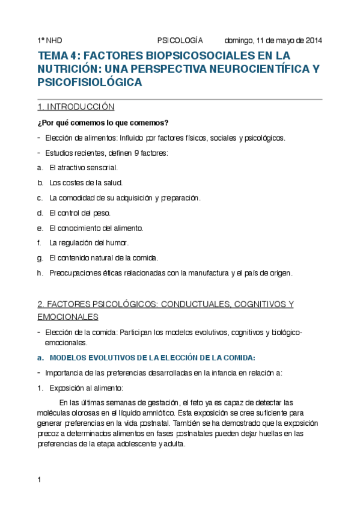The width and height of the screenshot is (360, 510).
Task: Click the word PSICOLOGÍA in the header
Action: pyautogui.click(x=180, y=41)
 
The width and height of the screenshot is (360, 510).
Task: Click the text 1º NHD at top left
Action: pyautogui.click(x=49, y=41)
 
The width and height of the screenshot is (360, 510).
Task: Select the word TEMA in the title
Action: pyautogui.click(x=53, y=56)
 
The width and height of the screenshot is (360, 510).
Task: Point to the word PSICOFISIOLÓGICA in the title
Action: pyautogui.click(x=90, y=82)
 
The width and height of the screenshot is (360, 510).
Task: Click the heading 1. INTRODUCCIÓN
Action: pyautogui.click(x=76, y=107)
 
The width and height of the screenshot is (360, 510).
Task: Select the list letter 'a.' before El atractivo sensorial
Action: pyautogui.click(x=40, y=168)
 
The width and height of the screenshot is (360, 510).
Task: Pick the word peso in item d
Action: pyautogui.click(x=103, y=213)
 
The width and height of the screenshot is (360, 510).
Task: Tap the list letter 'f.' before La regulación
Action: pyautogui.click(x=39, y=243)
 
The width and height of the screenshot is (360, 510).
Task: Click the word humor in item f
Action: pyautogui.click(x=117, y=243)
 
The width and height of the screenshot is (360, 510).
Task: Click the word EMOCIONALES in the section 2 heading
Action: pyautogui.click(x=68, y=316)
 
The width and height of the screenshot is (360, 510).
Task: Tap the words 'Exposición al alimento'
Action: pyautogui.click(x=86, y=387)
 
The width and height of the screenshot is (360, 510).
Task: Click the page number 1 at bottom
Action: pyautogui.click(x=39, y=479)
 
